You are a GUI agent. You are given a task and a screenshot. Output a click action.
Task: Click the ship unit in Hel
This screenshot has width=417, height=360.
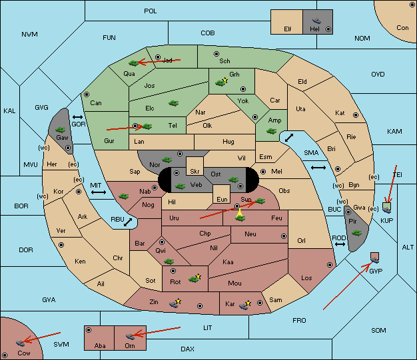[x=316, y=21]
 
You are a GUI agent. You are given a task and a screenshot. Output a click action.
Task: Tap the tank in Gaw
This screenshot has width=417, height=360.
[x=61, y=130]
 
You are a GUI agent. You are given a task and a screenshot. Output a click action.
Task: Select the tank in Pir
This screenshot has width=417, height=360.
[x=356, y=233]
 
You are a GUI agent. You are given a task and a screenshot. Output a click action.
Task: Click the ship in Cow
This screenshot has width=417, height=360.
[x=20, y=343]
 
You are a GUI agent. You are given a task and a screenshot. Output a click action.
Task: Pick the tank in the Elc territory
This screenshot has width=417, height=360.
[x=173, y=103]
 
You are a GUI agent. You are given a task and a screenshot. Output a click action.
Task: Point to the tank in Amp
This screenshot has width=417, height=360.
[x=272, y=131]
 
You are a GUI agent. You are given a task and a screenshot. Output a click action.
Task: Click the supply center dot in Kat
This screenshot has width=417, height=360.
[x=356, y=115]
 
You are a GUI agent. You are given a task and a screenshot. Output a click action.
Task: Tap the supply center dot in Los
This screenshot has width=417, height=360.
[x=330, y=265]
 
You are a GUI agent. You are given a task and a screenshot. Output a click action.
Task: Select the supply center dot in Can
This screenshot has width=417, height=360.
[x=87, y=94]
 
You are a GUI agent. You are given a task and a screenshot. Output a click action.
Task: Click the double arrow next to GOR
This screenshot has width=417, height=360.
[x=77, y=117]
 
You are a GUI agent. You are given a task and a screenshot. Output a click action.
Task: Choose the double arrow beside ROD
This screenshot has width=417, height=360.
[x=340, y=244]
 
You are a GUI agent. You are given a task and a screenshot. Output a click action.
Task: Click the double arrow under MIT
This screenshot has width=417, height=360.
[x=99, y=192]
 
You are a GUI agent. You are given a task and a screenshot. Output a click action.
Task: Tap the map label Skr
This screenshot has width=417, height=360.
[x=195, y=172]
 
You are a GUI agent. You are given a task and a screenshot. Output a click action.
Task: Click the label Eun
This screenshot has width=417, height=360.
[x=222, y=199]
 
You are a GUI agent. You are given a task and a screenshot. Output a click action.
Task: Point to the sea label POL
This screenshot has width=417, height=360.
[x=151, y=11]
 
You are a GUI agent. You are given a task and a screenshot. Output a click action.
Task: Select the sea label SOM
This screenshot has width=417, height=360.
[x=378, y=331]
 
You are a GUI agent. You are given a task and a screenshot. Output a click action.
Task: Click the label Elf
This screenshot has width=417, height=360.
[x=288, y=29]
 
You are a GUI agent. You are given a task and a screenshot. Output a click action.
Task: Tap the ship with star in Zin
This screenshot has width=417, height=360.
[x=175, y=303]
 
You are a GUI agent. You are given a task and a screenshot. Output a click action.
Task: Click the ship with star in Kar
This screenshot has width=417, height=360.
[x=245, y=305]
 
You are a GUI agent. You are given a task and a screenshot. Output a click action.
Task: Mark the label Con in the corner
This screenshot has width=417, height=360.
[x=402, y=28]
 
